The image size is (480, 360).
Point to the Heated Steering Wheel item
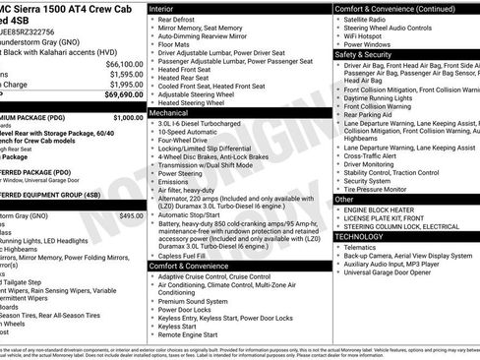tap(197, 102)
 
